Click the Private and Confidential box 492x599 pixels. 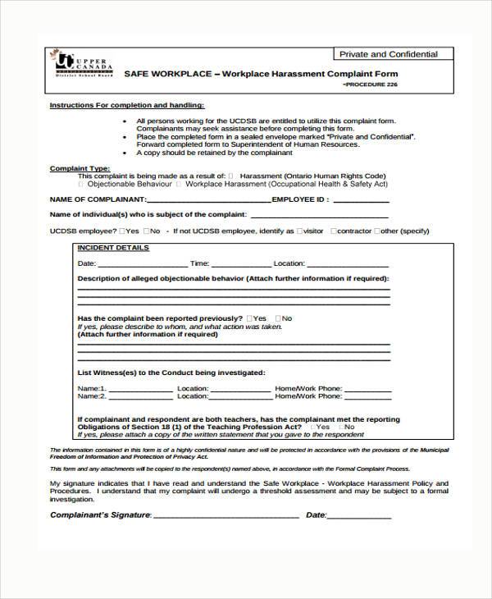pos(389,54)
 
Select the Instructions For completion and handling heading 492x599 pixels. pos(127,106)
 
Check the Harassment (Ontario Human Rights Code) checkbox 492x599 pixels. pos(231,176)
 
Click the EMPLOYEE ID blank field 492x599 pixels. pos(361,199)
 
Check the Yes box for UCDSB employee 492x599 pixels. pos(122,231)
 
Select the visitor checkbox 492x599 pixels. pos(299,231)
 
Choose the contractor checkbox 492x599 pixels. pos(335,231)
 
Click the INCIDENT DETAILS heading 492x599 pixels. pos(113,247)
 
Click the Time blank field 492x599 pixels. pos(241,264)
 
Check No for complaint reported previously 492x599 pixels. pos(278,318)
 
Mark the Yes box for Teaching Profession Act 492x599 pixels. pos(312,427)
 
